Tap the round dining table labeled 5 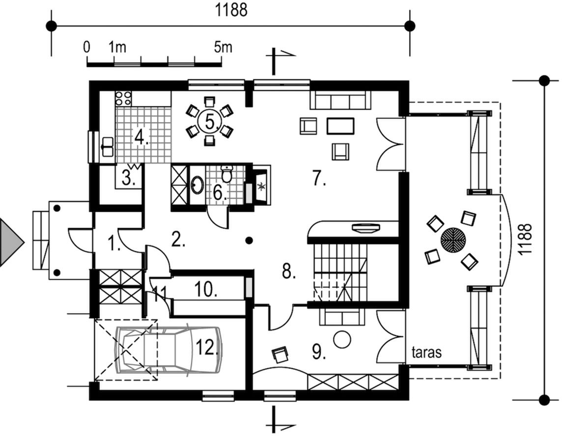210,121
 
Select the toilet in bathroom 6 226,174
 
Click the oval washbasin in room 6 197,185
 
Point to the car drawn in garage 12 167,349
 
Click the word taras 427,352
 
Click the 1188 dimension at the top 231,10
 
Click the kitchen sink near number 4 107,146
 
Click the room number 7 319,179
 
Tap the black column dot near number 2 250,240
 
